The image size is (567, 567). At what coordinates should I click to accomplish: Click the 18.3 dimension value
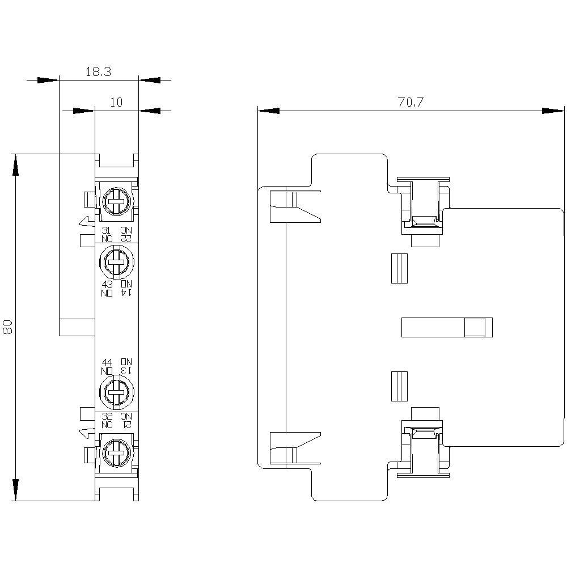click(x=98, y=72)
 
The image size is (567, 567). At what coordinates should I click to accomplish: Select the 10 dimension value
click(x=116, y=103)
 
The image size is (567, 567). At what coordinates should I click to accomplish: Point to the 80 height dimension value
click(x=8, y=327)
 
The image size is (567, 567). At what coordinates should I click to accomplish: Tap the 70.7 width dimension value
click(x=411, y=103)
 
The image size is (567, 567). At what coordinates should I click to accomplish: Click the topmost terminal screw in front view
click(x=117, y=200)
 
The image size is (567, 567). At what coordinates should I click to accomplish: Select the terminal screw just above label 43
click(x=117, y=262)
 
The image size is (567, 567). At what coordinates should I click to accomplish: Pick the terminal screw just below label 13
click(x=117, y=391)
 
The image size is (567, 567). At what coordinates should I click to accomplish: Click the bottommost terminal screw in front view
click(x=117, y=452)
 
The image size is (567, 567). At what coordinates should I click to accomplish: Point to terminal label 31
click(x=106, y=230)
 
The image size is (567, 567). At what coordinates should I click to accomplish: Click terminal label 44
click(x=107, y=362)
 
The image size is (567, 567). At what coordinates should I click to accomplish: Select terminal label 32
click(x=107, y=416)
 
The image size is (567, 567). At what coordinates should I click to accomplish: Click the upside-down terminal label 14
click(x=126, y=292)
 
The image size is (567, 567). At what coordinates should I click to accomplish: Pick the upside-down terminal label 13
click(x=126, y=370)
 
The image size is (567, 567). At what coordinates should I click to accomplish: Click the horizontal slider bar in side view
click(x=446, y=327)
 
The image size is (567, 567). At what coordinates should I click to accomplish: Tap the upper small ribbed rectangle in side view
click(x=400, y=268)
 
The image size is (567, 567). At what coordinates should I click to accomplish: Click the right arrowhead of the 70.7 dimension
click(x=553, y=111)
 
